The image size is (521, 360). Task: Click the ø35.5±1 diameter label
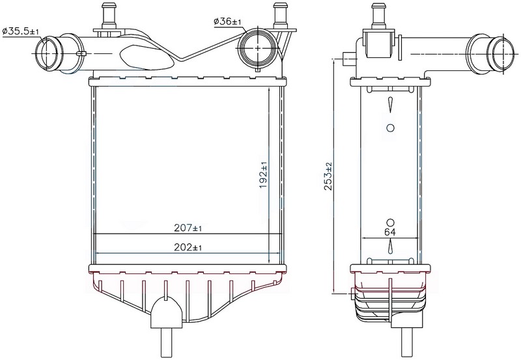tap(21, 31)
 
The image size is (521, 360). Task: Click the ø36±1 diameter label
tap(227, 21)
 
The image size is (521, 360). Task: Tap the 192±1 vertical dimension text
tap(264, 175)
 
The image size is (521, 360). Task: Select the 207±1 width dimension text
tap(188, 228)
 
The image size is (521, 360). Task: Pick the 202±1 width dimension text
tap(188, 247)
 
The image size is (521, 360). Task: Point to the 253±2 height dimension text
tap(328, 176)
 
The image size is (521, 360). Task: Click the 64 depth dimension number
tap(390, 232)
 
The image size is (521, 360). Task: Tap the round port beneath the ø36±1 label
tap(259, 48)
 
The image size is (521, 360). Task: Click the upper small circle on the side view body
tap(391, 128)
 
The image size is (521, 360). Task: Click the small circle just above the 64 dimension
tap(390, 222)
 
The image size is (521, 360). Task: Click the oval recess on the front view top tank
tap(146, 58)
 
